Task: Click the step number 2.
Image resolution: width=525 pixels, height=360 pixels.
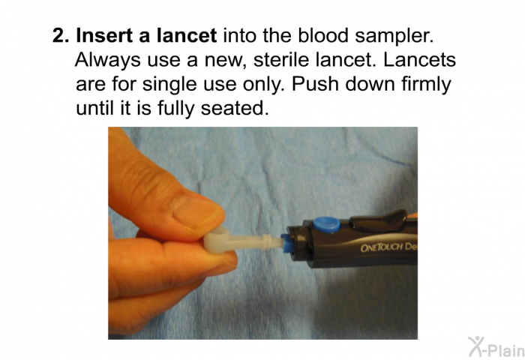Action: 60,35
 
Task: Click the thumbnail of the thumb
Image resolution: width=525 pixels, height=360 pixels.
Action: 196,212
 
